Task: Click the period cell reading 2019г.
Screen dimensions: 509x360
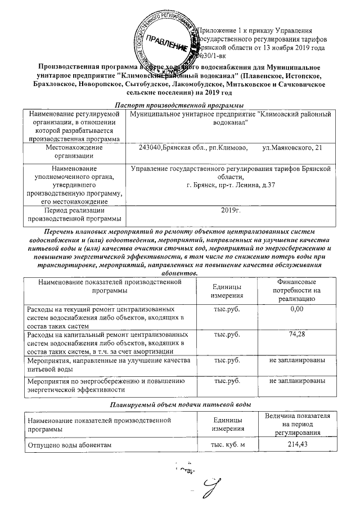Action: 231,210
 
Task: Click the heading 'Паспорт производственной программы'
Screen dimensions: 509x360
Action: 179,105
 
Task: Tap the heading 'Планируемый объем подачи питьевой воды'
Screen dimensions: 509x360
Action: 179,405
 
